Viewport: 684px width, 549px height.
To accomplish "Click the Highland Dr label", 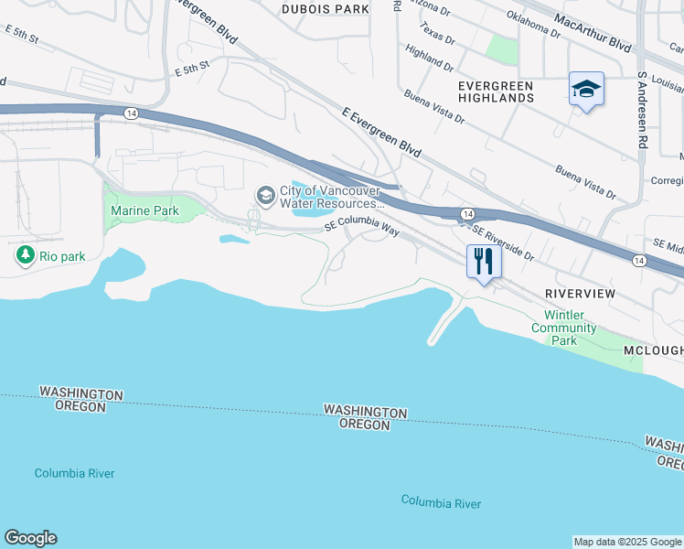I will [x=428, y=60].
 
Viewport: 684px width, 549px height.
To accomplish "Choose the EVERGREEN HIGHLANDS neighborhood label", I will [x=495, y=91].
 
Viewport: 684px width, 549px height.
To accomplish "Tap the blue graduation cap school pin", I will [x=586, y=90].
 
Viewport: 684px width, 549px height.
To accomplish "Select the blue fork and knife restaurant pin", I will [x=484, y=262].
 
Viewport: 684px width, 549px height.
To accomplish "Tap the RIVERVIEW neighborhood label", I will [x=581, y=294].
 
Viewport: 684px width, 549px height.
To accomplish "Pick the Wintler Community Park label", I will [x=564, y=328].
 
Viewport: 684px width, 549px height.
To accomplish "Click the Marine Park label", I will [x=144, y=211].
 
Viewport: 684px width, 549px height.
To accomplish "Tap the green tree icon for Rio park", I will [x=25, y=255].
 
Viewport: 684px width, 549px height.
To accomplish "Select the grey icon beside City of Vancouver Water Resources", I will [x=265, y=195].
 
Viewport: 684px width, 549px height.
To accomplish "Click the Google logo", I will [x=30, y=538].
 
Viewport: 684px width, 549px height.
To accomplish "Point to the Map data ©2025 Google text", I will [x=627, y=542].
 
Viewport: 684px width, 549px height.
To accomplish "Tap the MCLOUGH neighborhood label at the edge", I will [x=653, y=351].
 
